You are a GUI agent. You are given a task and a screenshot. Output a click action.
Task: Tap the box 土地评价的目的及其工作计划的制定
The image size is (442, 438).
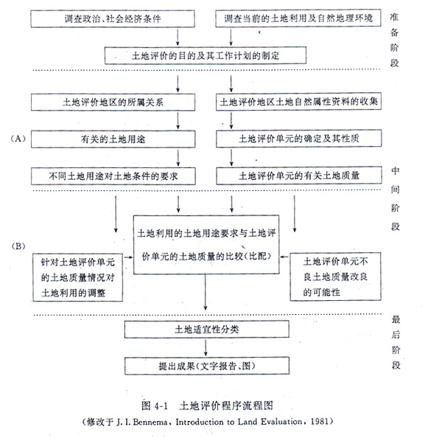point(206,55)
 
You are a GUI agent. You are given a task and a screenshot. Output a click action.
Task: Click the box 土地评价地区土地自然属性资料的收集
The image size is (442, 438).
point(298,102)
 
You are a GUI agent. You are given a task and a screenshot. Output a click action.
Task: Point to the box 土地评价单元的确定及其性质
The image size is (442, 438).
point(298,138)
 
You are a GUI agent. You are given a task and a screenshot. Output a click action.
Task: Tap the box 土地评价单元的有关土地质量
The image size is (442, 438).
point(298,175)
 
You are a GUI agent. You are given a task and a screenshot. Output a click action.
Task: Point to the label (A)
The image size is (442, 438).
point(18,138)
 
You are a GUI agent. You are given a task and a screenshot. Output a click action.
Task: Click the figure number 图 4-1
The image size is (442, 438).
point(162,404)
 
